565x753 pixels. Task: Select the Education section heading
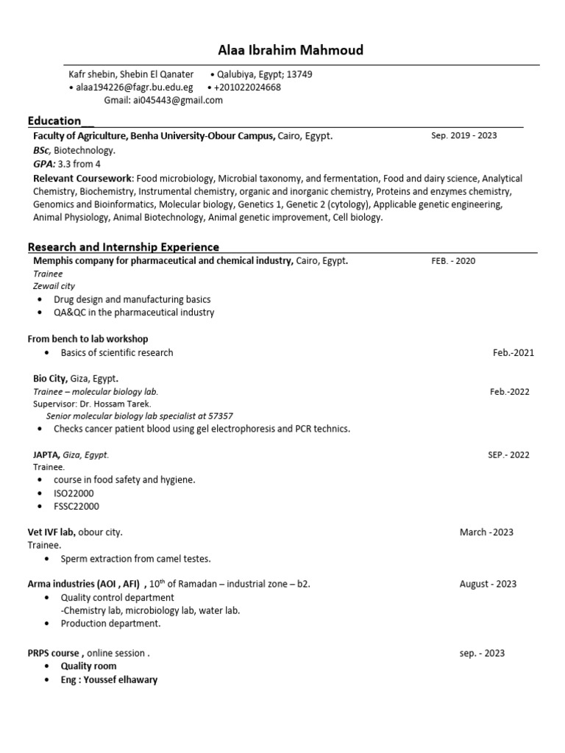pyautogui.click(x=54, y=121)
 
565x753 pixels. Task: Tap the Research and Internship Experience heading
pyautogui.click(x=123, y=246)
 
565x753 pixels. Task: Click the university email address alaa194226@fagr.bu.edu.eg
pyautogui.click(x=134, y=88)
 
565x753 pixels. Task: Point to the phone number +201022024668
pyautogui.click(x=248, y=88)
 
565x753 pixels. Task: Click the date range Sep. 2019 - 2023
pyautogui.click(x=463, y=136)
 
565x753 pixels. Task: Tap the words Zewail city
pyautogui.click(x=54, y=286)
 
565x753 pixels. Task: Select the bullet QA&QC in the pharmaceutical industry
pyautogui.click(x=134, y=313)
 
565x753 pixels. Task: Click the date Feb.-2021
pyautogui.click(x=514, y=353)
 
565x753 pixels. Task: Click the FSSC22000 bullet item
pyautogui.click(x=77, y=507)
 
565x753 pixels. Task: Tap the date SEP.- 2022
pyautogui.click(x=508, y=455)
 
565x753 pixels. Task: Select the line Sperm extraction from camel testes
pyautogui.click(x=135, y=559)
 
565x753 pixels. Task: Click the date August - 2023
pyautogui.click(x=488, y=585)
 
